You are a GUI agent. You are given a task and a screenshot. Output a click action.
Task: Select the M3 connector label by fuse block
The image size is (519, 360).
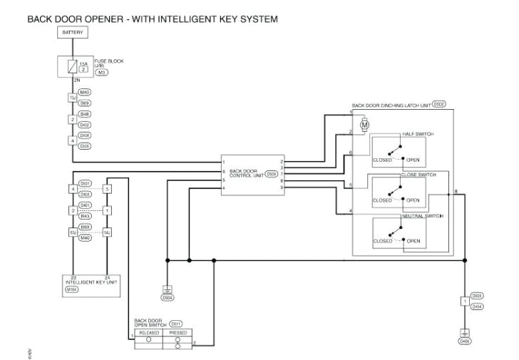[x=101, y=73]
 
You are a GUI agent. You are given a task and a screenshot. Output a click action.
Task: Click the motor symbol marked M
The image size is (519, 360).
[x=365, y=125]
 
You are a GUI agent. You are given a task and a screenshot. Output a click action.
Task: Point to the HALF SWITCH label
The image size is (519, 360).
[x=418, y=134]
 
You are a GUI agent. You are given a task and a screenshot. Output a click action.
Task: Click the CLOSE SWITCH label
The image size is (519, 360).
[x=418, y=175]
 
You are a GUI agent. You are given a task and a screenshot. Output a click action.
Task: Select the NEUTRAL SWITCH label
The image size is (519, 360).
[x=422, y=215]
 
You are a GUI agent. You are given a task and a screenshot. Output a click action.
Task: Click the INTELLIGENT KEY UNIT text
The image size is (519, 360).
[x=90, y=282]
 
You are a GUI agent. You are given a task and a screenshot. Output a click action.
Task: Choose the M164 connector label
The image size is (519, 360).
[x=72, y=289]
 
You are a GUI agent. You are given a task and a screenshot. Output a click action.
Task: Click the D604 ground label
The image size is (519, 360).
[x=168, y=298]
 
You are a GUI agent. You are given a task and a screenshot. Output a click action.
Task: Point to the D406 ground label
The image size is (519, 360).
[x=465, y=341]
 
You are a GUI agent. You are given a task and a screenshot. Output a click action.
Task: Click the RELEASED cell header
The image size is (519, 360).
[x=148, y=332]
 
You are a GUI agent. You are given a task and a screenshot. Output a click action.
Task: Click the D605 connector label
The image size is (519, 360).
[x=478, y=295]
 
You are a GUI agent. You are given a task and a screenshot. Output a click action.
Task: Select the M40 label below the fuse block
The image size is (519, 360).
[x=84, y=93]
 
